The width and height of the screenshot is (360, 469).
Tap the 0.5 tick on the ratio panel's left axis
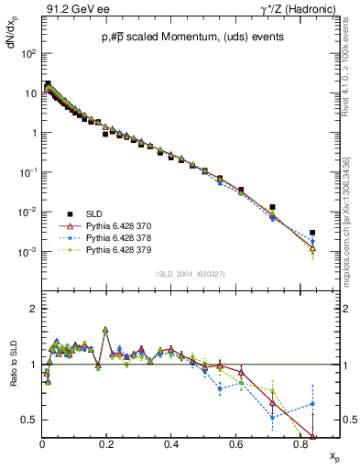click(x=29, y=420)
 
